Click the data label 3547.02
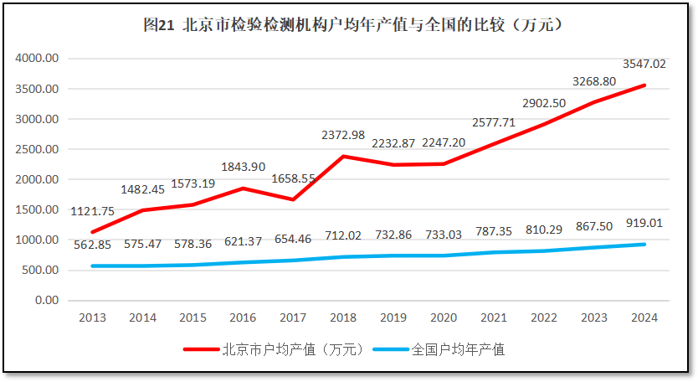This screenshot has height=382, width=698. point(644,64)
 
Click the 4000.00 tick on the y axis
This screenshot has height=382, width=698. point(36,59)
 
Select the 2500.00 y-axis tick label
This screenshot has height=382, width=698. point(36,149)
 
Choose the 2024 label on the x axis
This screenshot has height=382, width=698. point(644,318)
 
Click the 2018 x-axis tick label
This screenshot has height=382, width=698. point(343,318)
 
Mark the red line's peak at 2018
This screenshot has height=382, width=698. point(343,157)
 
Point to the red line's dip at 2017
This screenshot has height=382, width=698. point(292,199)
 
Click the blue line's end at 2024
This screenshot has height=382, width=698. point(644,245)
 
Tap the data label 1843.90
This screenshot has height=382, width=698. point(244,168)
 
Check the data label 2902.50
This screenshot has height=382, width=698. point(544,103)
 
